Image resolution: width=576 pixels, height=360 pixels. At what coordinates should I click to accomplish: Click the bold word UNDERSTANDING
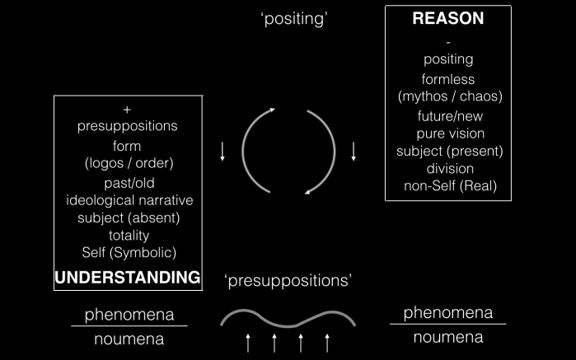coord(128,277)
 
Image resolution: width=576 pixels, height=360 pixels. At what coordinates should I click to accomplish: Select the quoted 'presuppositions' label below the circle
coord(288,281)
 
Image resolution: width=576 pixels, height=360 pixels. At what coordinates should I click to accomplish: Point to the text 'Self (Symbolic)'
coord(129,252)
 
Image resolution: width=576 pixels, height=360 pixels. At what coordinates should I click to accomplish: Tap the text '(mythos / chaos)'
coord(448,96)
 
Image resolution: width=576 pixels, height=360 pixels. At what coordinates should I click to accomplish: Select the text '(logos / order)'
coord(129,162)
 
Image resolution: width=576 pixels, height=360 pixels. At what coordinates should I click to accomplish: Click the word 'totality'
coord(128,235)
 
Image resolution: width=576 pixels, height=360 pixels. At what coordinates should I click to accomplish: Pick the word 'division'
coord(448,168)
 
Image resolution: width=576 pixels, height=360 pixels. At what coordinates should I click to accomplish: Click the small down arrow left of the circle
coord(222,152)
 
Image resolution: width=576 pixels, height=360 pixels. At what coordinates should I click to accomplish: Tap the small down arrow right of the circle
coord(354,152)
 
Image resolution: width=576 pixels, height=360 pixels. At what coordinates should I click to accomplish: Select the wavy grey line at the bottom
coord(288,316)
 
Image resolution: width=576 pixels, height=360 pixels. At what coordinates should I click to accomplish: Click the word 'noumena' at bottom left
coord(129,339)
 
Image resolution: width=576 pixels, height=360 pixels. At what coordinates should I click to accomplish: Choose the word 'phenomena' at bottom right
coord(447,313)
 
